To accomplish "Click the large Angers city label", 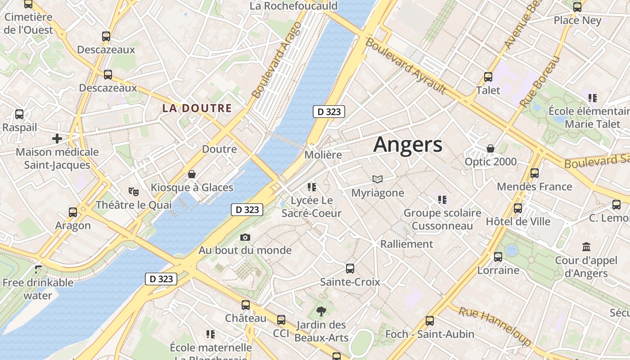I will tap(408, 145).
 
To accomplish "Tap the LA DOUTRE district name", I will tap(197, 108).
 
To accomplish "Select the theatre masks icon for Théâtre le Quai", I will tap(133, 192).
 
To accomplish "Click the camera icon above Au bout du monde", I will tap(245, 237).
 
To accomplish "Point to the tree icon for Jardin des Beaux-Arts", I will tap(321, 311).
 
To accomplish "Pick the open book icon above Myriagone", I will tap(378, 180).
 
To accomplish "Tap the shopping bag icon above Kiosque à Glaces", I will tap(192, 174).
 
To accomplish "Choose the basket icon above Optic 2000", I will tap(490, 148).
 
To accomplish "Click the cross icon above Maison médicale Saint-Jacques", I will tap(57, 139).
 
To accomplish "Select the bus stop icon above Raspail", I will tap(19, 114).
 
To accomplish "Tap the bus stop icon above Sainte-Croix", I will tap(350, 269).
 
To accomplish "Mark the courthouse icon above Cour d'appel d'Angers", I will tap(586, 247).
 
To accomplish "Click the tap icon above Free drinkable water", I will tap(38, 269).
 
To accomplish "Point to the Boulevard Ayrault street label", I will tap(405, 66).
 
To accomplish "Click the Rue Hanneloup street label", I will tap(494, 325).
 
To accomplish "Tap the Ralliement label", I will tap(407, 244).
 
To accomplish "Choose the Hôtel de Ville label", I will tap(518, 221).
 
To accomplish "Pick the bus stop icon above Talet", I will tap(488, 77).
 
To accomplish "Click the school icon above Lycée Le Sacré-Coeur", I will tap(311, 187).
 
